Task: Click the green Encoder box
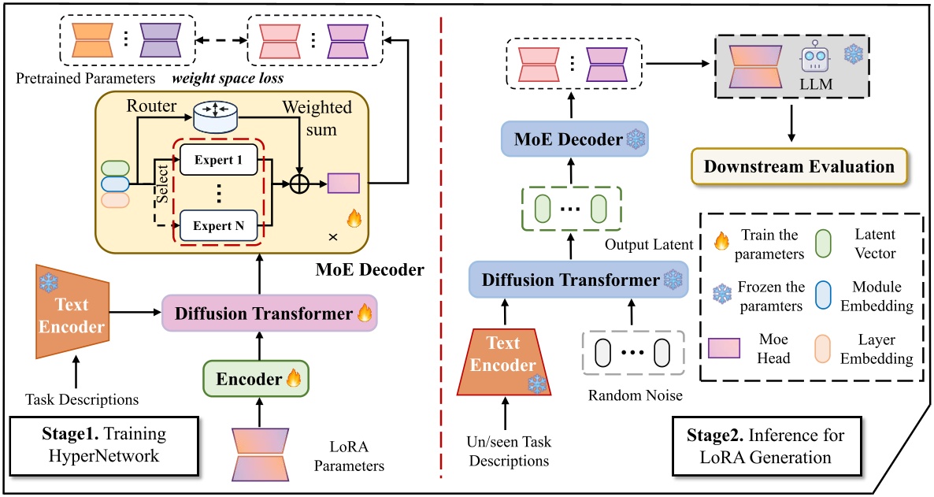(255, 379)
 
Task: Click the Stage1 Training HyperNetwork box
(104, 445)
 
